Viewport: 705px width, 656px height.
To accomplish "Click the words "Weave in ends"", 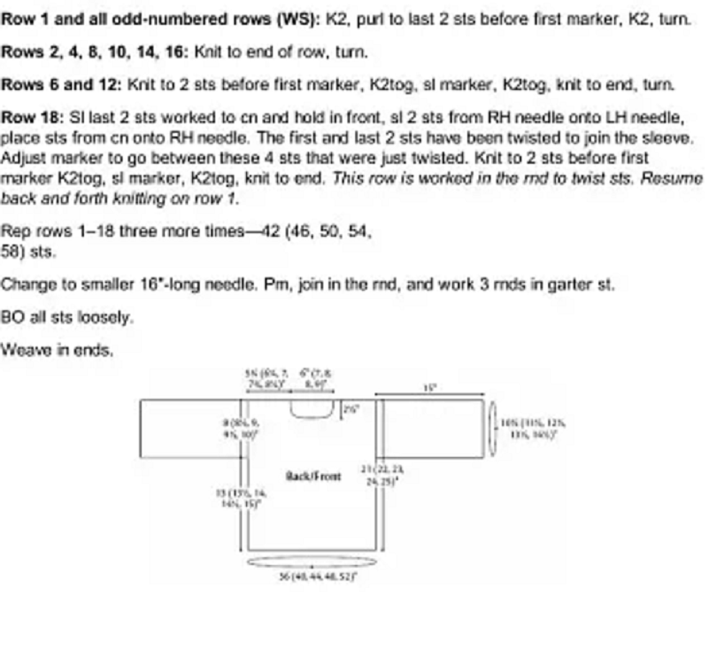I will tap(57, 350).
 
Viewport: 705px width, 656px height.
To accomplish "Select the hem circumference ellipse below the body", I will tap(311, 562).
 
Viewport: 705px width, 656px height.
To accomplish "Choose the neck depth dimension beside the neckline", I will tap(348, 408).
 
